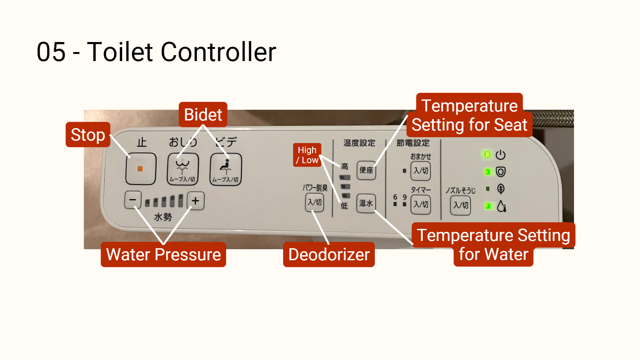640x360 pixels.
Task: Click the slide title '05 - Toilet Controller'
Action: tap(156, 52)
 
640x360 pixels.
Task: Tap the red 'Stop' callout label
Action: tap(88, 135)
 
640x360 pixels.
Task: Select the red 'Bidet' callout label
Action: tap(203, 115)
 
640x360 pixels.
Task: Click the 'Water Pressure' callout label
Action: tap(163, 255)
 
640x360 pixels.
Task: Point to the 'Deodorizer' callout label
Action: tap(329, 255)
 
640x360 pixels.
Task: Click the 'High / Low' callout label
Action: tap(307, 155)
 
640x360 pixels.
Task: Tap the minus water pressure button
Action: tap(132, 200)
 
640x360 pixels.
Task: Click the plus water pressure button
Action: tap(195, 201)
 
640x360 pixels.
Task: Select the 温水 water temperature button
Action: tap(366, 203)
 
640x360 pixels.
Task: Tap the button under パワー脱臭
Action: tap(314, 202)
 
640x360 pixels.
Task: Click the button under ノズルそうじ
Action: tap(461, 205)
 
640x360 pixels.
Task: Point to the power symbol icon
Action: tap(500, 155)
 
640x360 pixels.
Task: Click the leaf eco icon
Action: tap(500, 189)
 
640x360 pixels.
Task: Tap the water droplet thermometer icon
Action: tap(501, 206)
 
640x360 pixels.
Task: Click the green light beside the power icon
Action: tap(487, 154)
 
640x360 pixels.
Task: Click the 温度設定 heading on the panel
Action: tap(359, 143)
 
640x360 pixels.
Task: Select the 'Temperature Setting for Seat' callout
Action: tap(469, 115)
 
